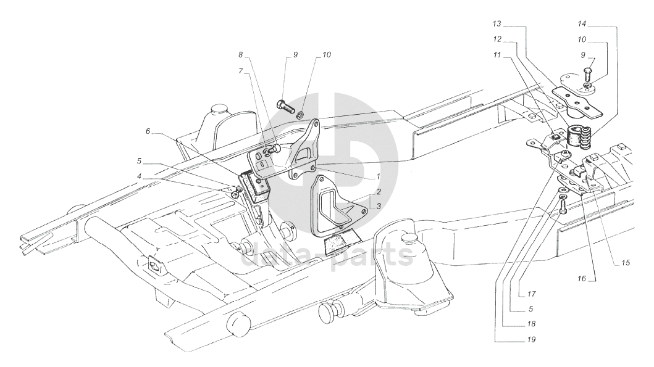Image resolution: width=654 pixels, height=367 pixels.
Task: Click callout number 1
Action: (379, 176)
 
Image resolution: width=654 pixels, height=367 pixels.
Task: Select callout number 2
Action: (379, 192)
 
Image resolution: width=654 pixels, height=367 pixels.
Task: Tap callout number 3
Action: (379, 206)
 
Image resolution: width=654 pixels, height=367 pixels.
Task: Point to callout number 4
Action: (140, 176)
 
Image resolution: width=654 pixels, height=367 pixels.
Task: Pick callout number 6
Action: (148, 131)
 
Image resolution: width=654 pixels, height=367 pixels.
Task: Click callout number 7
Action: (241, 71)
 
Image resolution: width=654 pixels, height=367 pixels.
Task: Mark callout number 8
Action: (241, 54)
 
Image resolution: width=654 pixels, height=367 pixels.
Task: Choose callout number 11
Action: (497, 54)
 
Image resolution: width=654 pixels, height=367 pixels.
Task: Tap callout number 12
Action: (497, 39)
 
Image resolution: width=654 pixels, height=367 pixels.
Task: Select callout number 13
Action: (497, 23)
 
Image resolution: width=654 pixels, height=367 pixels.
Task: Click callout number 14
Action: (582, 23)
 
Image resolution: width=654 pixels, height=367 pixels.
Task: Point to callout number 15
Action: (625, 263)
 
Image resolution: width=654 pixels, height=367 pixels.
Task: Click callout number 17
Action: (531, 294)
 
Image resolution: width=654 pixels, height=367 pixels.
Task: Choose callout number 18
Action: (531, 324)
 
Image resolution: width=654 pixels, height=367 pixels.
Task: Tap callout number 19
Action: (531, 339)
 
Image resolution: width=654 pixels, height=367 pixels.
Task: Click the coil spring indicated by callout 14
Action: (583, 138)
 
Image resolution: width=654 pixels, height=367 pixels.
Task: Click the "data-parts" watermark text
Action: (327, 254)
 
